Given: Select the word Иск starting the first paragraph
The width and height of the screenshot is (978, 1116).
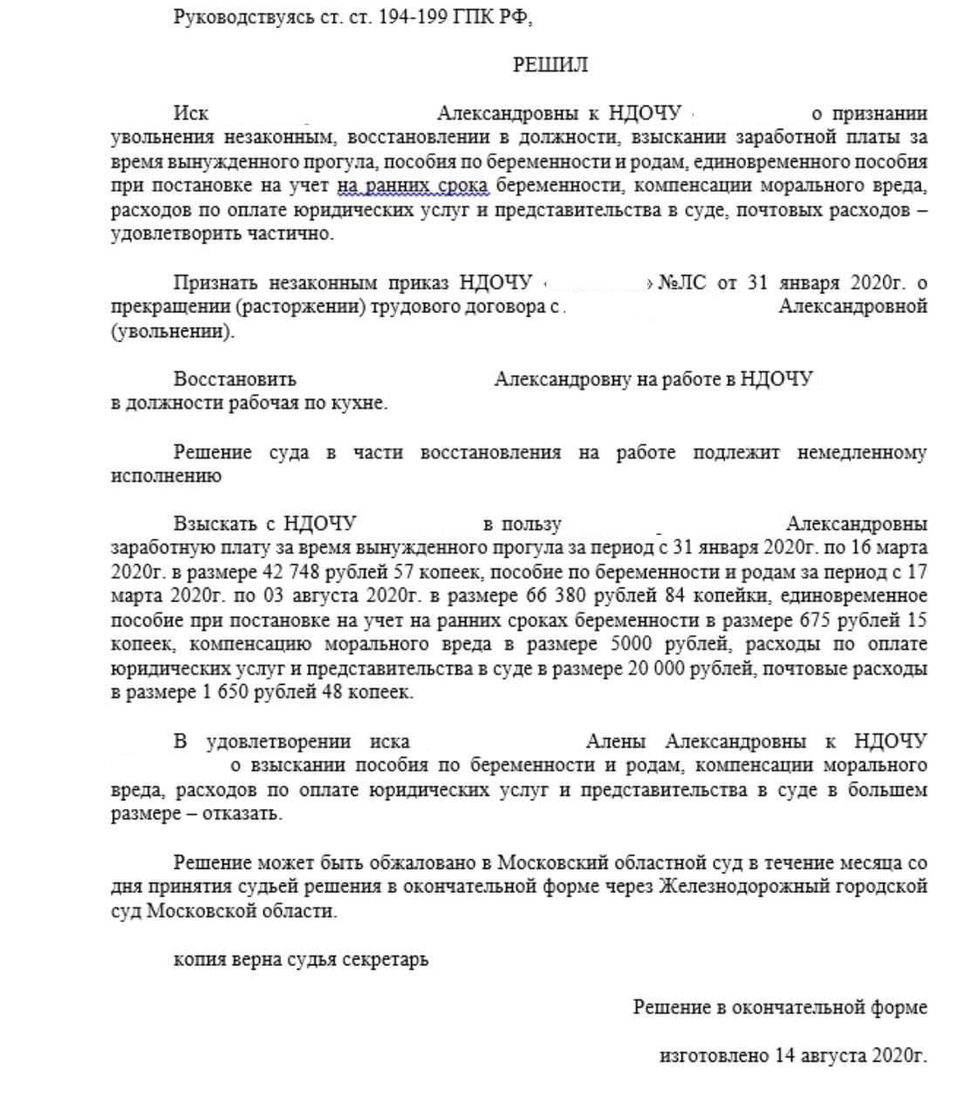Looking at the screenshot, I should pyautogui.click(x=190, y=113).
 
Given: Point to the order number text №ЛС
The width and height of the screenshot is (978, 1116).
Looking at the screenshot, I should pyautogui.click(x=682, y=282).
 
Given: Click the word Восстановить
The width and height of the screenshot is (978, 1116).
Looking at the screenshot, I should pyautogui.click(x=235, y=379).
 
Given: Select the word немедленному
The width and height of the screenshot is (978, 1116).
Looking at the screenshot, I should pyautogui.click(x=861, y=453).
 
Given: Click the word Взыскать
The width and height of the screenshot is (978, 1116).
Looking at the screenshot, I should pyautogui.click(x=215, y=524).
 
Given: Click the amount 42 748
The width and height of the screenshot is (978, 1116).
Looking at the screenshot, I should pyautogui.click(x=290, y=573).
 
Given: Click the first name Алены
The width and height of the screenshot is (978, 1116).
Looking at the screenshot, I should pyautogui.click(x=616, y=742).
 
